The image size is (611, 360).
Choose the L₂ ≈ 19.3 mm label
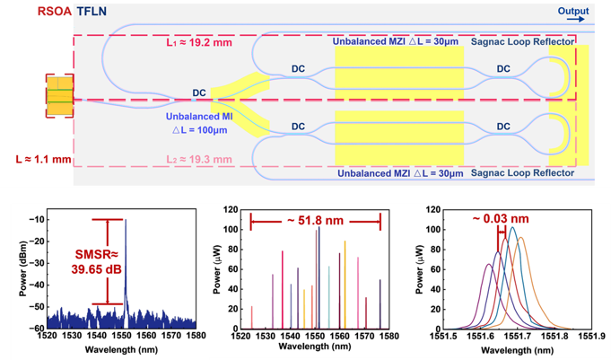point(194,159)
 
